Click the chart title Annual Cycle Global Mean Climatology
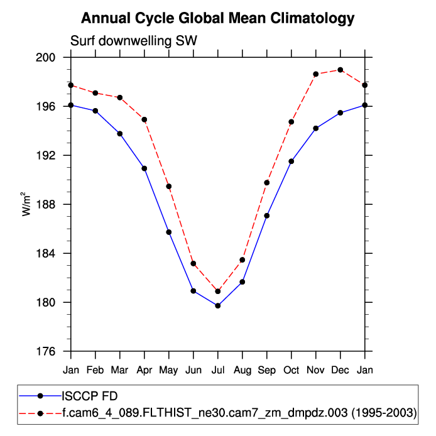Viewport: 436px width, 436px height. [218, 19]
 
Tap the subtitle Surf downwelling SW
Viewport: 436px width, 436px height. [134, 41]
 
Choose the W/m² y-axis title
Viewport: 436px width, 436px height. [27, 204]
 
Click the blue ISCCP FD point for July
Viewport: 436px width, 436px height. [218, 305]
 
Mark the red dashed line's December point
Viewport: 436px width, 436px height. [341, 70]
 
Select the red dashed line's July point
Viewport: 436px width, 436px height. [218, 292]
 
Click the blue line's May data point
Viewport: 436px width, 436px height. [169, 232]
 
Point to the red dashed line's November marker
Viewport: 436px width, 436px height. [316, 74]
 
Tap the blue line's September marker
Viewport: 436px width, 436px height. [267, 215]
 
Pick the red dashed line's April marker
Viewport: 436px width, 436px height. [144, 119]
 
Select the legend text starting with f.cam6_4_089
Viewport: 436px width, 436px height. [239, 413]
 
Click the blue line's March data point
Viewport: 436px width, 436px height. [120, 134]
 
